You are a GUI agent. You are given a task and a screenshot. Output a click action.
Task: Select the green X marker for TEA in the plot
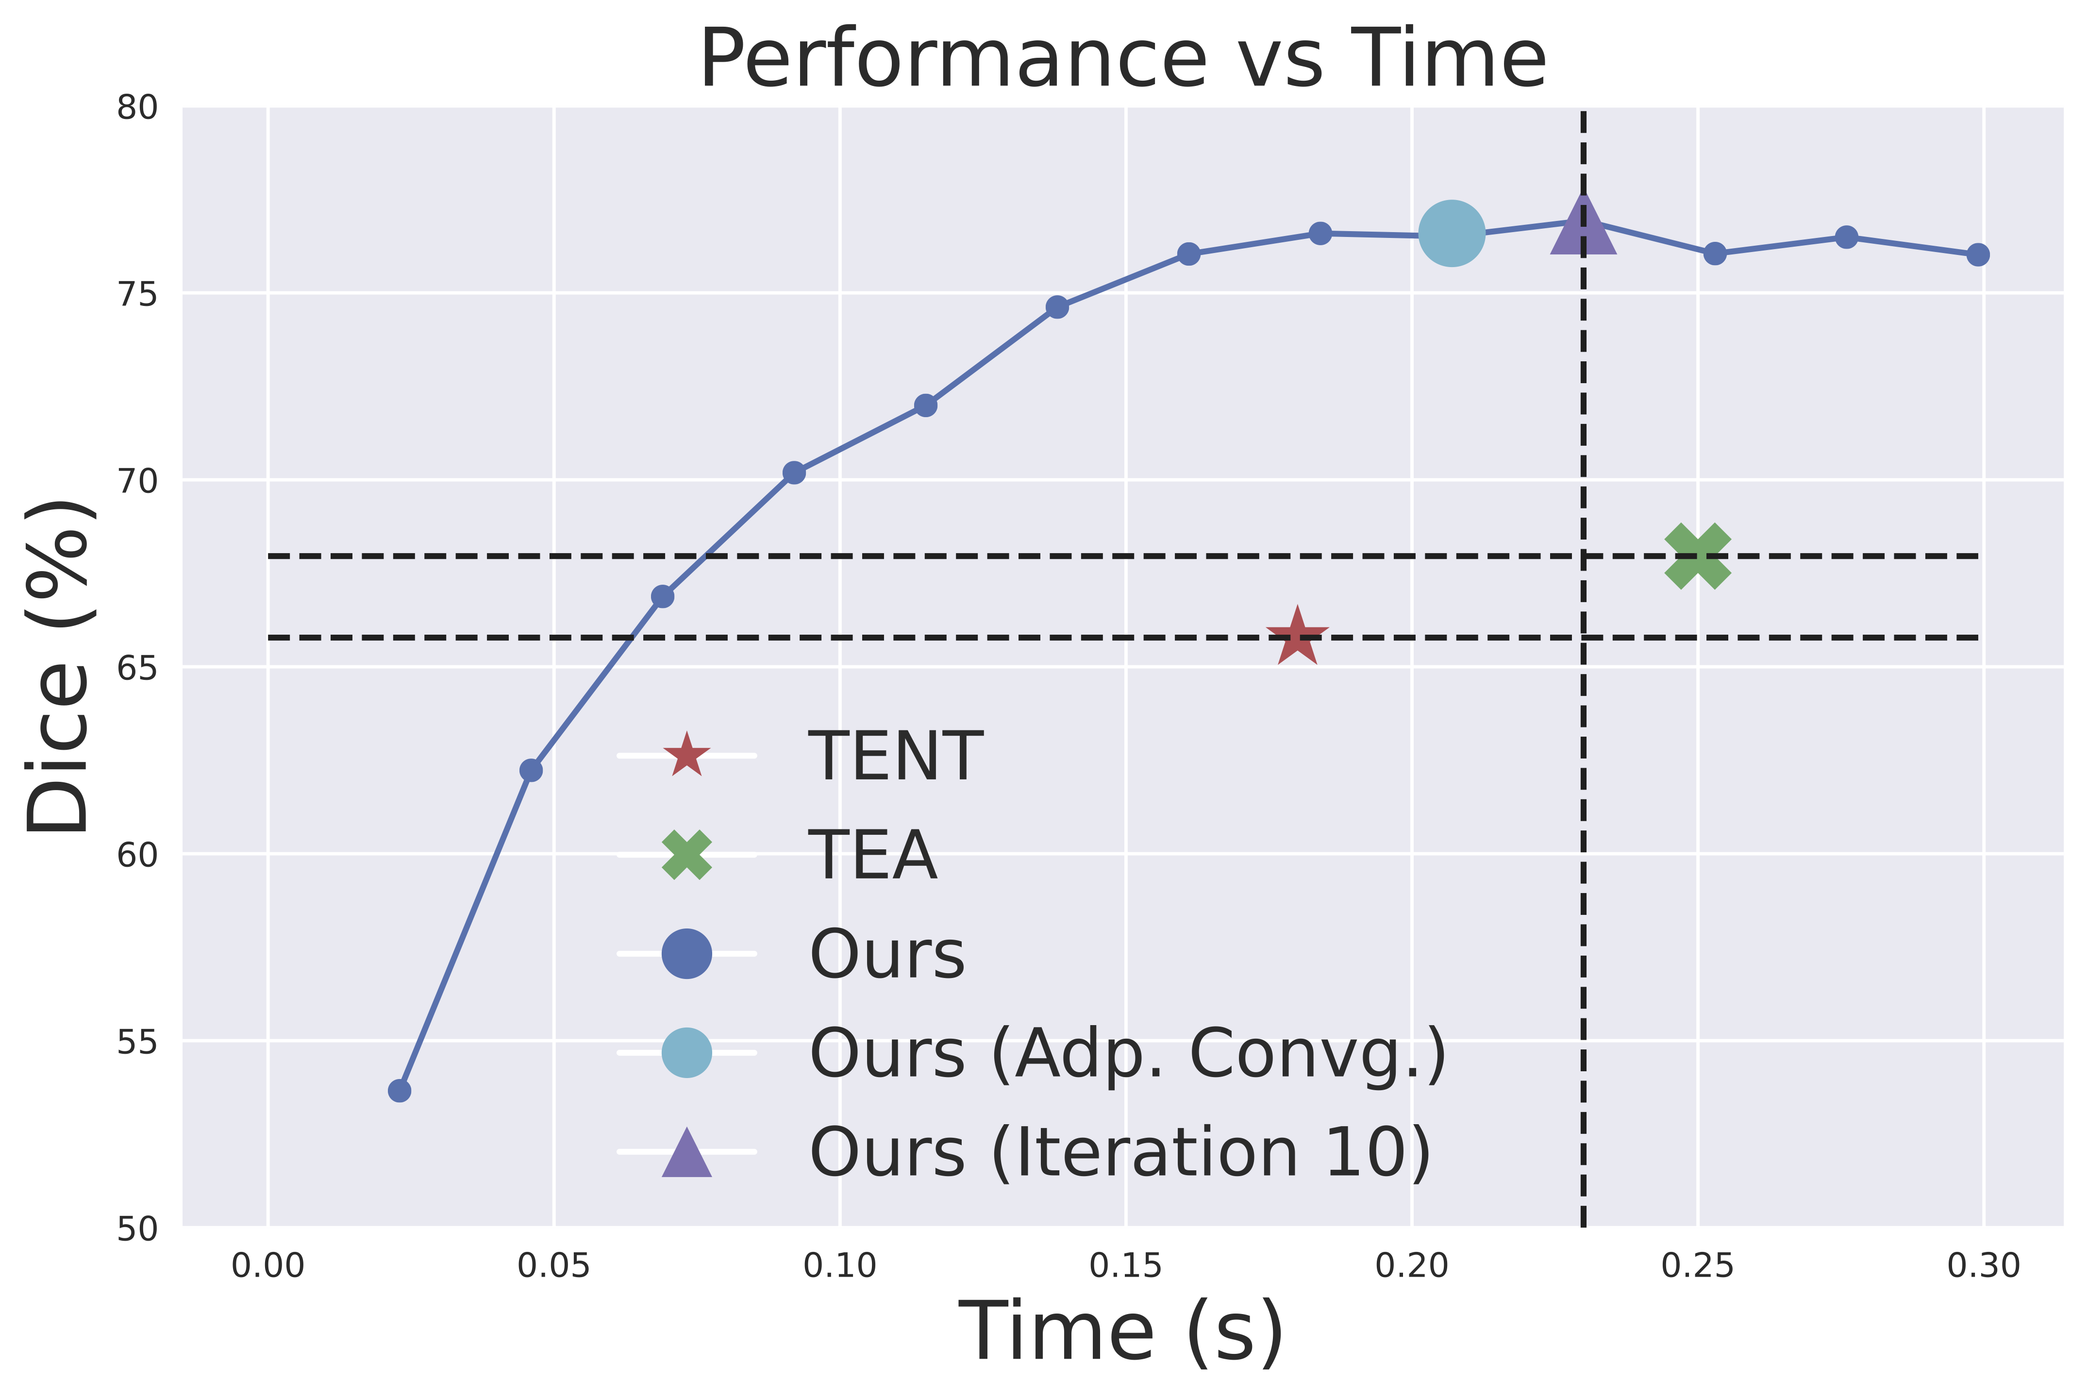click(1697, 556)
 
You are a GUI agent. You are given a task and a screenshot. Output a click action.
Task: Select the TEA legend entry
click(872, 855)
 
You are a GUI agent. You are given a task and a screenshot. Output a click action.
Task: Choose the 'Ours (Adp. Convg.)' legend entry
click(1127, 1054)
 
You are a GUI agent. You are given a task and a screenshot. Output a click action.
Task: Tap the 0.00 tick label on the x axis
click(268, 1266)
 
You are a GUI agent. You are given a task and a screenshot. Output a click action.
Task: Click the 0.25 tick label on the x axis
click(1697, 1266)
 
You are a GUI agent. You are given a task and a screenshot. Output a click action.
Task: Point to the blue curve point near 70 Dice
click(794, 472)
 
